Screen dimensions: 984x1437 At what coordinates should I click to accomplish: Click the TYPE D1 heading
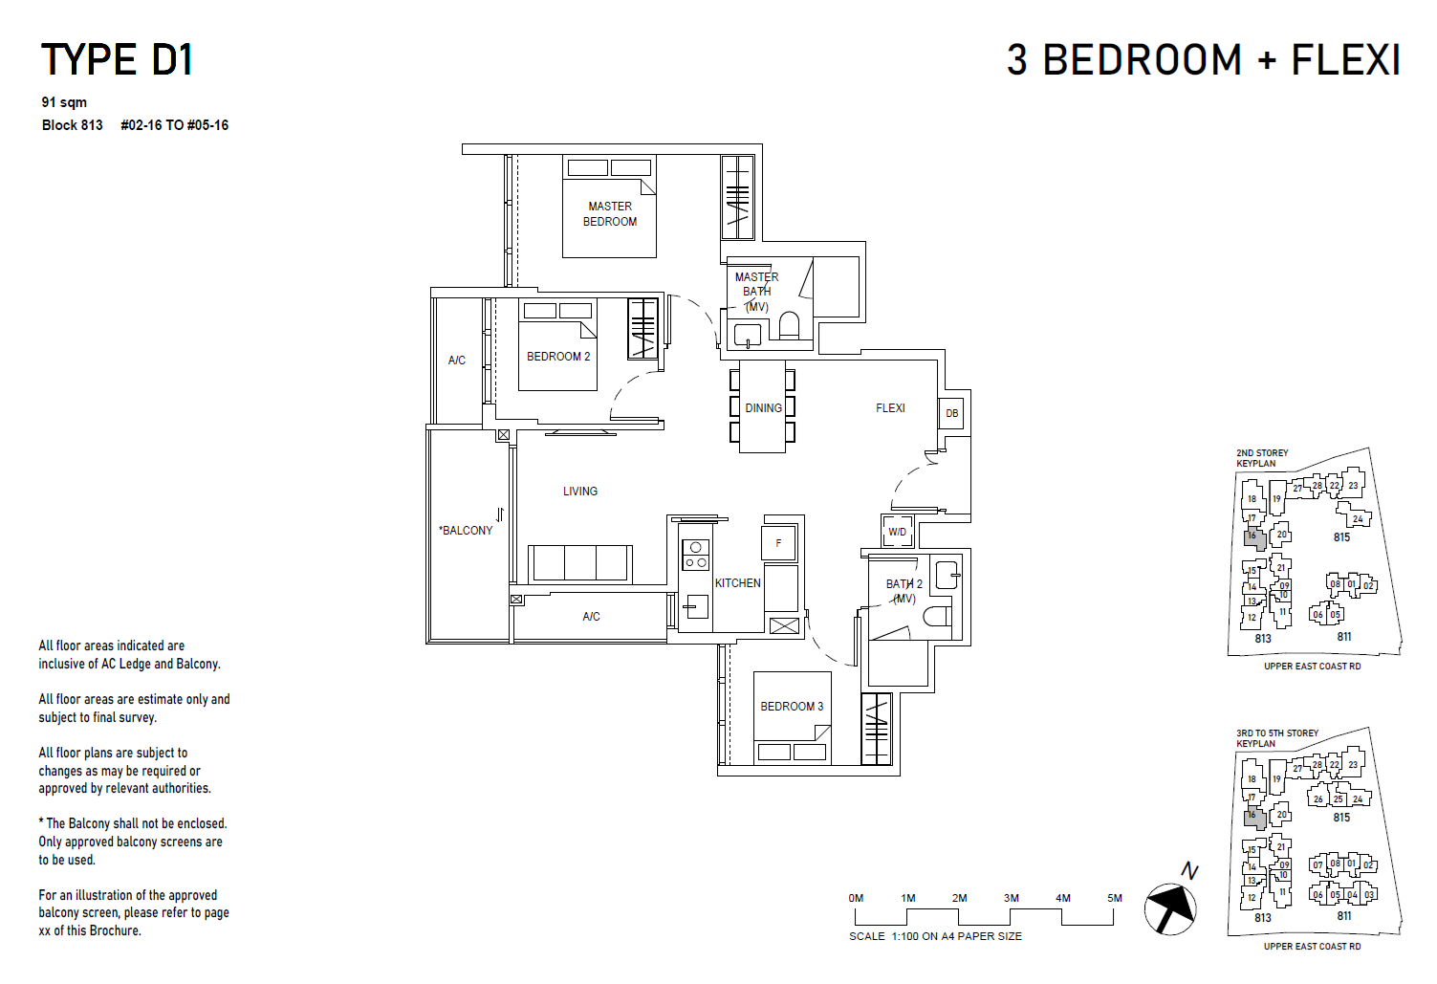[117, 60]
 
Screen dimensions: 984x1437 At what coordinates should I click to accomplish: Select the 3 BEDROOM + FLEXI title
[1203, 60]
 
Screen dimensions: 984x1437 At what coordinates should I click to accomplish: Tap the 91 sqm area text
[64, 102]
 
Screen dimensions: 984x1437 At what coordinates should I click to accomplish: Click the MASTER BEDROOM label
[610, 213]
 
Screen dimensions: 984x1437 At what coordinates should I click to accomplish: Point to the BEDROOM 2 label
[558, 357]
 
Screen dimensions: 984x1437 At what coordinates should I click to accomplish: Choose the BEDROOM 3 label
[792, 707]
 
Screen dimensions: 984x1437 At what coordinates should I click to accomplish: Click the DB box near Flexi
[951, 413]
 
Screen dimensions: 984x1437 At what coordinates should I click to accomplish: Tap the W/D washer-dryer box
[897, 532]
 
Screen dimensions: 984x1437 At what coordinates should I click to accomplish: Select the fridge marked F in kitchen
[778, 543]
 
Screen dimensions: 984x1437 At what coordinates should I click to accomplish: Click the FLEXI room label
[890, 408]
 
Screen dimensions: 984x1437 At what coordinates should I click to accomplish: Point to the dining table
[763, 407]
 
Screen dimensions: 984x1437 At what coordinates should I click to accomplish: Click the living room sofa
[580, 563]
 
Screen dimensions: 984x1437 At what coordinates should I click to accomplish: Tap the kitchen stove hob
[695, 556]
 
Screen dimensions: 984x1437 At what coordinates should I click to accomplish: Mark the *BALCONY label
[466, 531]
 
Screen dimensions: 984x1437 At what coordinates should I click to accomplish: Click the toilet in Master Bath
[789, 326]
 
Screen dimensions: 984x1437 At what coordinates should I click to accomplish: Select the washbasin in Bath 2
[947, 575]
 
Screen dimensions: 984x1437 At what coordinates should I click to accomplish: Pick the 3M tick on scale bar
[1012, 899]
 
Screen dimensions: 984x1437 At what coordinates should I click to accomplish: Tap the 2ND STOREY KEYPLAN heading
[1262, 458]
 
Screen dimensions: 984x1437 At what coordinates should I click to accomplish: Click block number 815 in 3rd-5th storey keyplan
[1341, 818]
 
